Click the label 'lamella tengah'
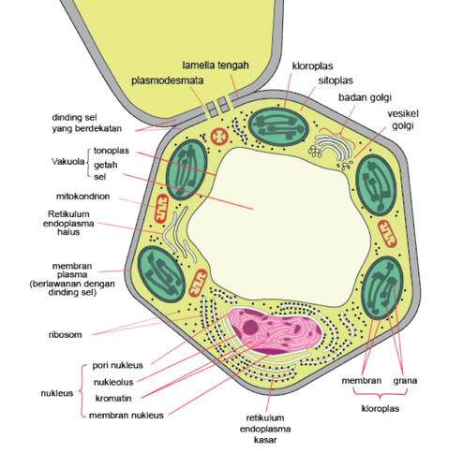click(216, 66)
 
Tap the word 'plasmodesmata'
click(168, 80)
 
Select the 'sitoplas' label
click(336, 80)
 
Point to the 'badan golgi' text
click(365, 97)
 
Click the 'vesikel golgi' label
click(403, 120)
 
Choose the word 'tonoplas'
click(112, 151)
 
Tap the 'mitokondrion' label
click(82, 197)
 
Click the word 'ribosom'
click(66, 335)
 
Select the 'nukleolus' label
click(113, 382)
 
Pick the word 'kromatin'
click(113, 399)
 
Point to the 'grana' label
click(405, 381)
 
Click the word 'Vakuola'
click(68, 162)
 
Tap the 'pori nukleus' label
click(117, 365)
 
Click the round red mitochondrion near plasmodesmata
click(219, 137)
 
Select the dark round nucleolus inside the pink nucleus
click(250, 327)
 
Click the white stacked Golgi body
click(333, 148)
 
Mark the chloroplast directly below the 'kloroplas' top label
click(278, 126)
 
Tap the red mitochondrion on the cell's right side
click(387, 234)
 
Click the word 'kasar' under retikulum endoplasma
click(265, 440)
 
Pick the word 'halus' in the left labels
click(68, 232)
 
